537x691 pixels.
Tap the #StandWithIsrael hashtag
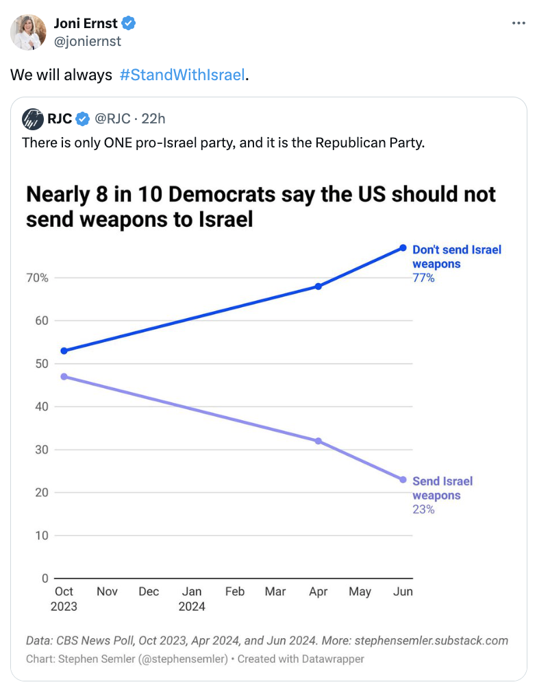click(x=182, y=75)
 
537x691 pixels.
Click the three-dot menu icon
click(x=519, y=23)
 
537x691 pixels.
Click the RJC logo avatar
click(x=32, y=119)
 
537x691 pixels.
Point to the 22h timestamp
click(x=153, y=119)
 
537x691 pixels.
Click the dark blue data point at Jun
click(x=403, y=247)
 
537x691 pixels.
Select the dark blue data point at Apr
click(x=319, y=287)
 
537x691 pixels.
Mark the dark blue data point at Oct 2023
click(x=64, y=351)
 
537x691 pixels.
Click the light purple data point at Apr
click(x=319, y=441)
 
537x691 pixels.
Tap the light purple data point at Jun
click(x=403, y=480)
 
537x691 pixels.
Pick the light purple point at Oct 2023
click(x=64, y=376)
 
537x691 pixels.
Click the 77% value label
click(x=423, y=278)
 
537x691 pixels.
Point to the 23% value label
click(x=423, y=509)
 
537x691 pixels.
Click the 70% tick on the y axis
click(x=37, y=278)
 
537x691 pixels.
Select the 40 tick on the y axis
click(x=41, y=407)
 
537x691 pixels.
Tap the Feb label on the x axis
click(x=235, y=592)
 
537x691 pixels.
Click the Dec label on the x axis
click(x=149, y=592)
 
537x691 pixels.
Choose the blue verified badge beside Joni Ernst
click(x=129, y=24)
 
